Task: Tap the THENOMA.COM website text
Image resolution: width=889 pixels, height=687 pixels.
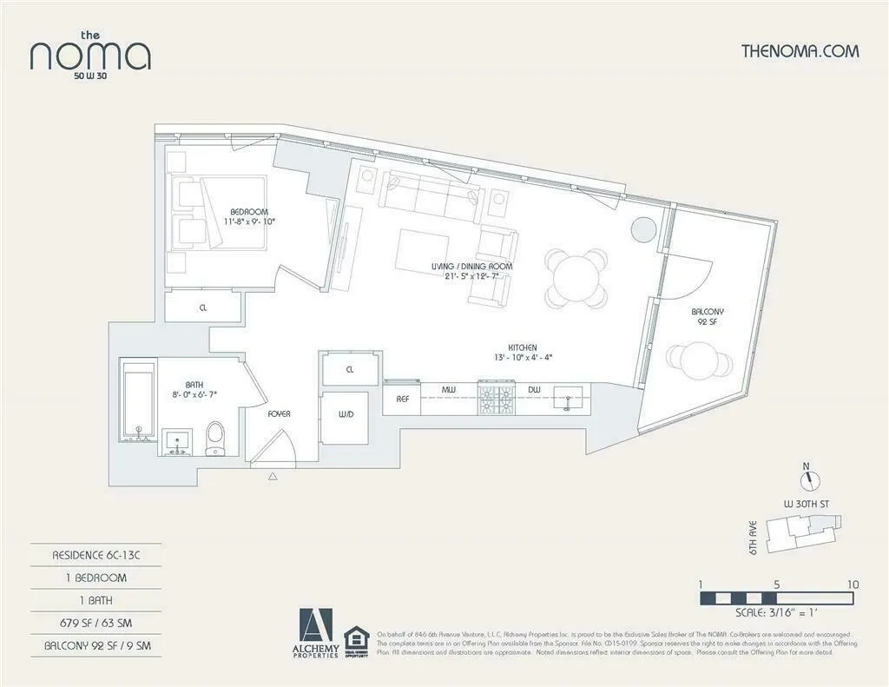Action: pos(800,51)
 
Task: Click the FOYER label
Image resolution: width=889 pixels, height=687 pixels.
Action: pos(279,414)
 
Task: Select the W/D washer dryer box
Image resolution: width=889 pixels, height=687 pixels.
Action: pos(346,415)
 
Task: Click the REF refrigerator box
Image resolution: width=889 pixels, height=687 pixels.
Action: pos(402,399)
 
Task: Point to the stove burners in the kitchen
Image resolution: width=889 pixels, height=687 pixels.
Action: pos(496,399)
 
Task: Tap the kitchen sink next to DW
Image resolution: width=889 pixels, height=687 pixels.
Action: pos(570,400)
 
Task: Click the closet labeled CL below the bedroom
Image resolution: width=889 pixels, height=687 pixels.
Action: pos(202,307)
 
